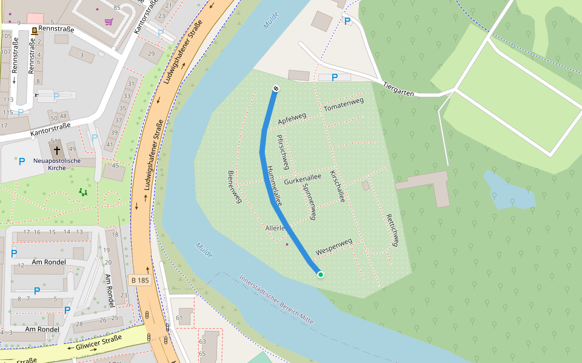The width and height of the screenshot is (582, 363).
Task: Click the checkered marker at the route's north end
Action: click(x=276, y=89)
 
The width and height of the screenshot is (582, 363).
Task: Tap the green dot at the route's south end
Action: click(x=321, y=275)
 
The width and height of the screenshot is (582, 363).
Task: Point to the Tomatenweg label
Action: click(x=344, y=104)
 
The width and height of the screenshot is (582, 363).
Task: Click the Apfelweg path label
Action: click(x=292, y=119)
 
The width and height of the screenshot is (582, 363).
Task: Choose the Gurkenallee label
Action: click(x=302, y=178)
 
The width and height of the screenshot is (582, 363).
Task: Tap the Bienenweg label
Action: click(x=231, y=186)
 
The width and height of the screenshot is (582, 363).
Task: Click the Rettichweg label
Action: click(x=392, y=230)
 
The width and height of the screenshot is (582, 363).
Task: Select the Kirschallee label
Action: click(x=337, y=186)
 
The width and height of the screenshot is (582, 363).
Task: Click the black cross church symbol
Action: click(x=57, y=149)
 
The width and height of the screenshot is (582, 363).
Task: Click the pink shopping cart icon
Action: click(x=109, y=22)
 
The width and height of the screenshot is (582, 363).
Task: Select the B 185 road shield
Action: click(x=139, y=280)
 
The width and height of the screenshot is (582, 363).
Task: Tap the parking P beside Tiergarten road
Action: click(x=334, y=77)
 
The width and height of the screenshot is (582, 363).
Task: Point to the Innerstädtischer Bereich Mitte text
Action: click(x=276, y=299)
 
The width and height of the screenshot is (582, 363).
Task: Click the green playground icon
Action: click(x=83, y=192)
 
